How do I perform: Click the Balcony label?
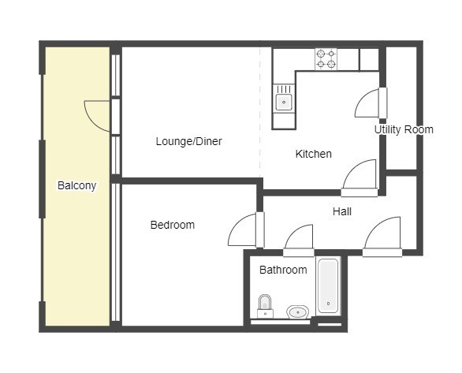pyautogui.click(x=77, y=185)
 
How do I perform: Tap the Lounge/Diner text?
pyautogui.click(x=189, y=141)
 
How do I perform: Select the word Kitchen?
pyautogui.click(x=314, y=154)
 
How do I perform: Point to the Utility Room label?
pyautogui.click(x=404, y=129)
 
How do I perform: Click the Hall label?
pyautogui.click(x=342, y=211)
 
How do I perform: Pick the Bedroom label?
pyautogui.click(x=173, y=225)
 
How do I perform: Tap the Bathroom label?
pyautogui.click(x=283, y=270)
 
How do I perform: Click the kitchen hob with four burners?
pyautogui.click(x=326, y=59)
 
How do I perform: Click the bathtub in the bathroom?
pyautogui.click(x=328, y=285)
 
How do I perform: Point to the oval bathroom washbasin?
pyautogui.click(x=298, y=311)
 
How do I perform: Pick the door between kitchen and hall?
pyautogui.click(x=360, y=177)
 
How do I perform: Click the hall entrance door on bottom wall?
pyautogui.click(x=382, y=237)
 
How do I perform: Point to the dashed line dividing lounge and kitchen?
pyautogui.click(x=260, y=112)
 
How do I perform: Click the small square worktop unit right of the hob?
pyautogui.click(x=369, y=59)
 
